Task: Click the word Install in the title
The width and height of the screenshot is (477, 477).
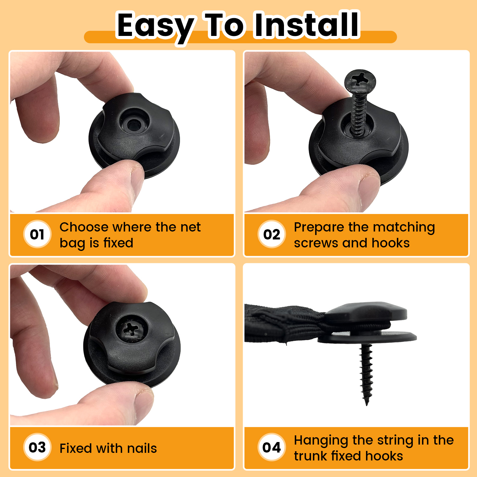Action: (307, 25)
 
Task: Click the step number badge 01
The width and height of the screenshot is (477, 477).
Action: (37, 234)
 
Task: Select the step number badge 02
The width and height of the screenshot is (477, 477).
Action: (272, 234)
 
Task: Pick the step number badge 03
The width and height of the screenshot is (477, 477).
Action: (37, 447)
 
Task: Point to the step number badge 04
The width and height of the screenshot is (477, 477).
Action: (272, 447)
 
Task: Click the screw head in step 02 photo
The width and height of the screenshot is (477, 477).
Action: (360, 79)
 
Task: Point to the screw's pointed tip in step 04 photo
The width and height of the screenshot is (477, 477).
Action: (367, 404)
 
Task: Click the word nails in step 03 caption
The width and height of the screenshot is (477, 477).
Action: (142, 448)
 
